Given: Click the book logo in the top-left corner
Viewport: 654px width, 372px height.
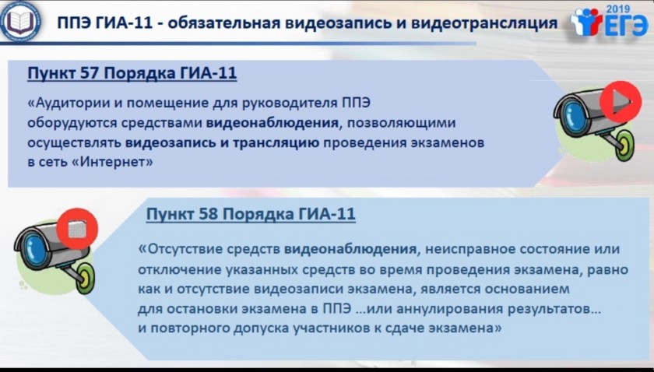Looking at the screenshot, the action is pyautogui.click(x=20, y=21).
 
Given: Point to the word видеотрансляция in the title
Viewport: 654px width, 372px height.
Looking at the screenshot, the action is pyautogui.click(x=484, y=23).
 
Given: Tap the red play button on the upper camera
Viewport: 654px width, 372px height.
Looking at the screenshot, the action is pyautogui.click(x=620, y=102).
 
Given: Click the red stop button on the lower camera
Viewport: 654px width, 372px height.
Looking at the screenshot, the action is pyautogui.click(x=77, y=229).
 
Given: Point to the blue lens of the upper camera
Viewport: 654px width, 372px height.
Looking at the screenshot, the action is pyautogui.click(x=573, y=116).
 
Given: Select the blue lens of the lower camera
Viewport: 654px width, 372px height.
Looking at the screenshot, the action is pyautogui.click(x=35, y=249).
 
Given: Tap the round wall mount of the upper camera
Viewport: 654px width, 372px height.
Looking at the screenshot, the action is pyautogui.click(x=625, y=144).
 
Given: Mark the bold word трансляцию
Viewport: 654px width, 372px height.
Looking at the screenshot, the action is pyautogui.click(x=276, y=142).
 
